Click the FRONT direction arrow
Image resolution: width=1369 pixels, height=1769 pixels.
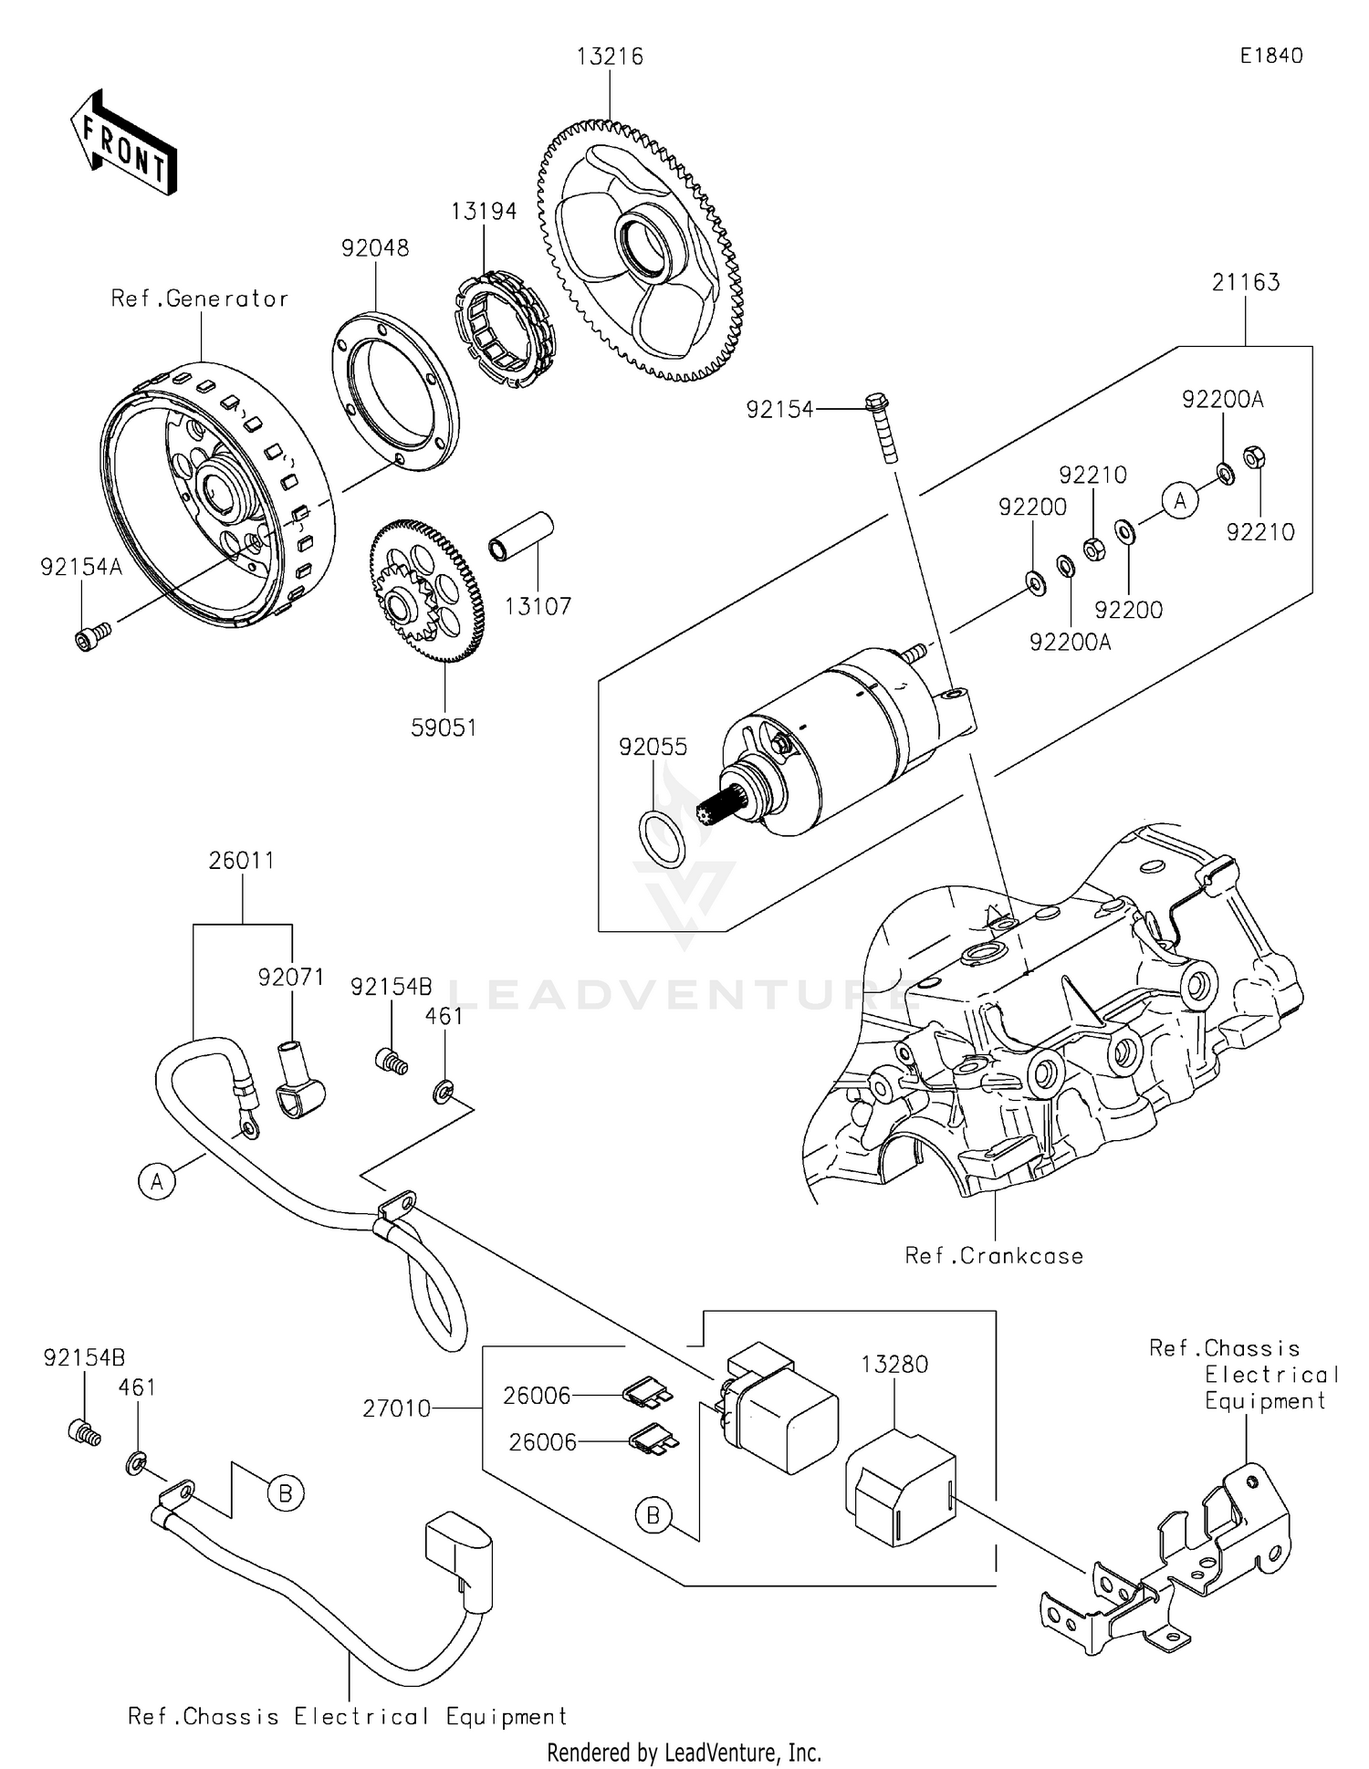pyautogui.click(x=123, y=141)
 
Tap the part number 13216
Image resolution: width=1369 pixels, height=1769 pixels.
pyautogui.click(x=610, y=57)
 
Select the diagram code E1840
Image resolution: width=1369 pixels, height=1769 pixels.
pyautogui.click(x=1270, y=56)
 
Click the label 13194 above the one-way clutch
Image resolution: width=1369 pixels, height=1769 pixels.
pyautogui.click(x=484, y=211)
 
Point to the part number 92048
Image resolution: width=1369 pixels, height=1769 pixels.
pyautogui.click(x=375, y=248)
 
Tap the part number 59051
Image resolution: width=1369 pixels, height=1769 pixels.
pyautogui.click(x=444, y=727)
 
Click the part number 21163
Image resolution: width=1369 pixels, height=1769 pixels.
pyautogui.click(x=1246, y=282)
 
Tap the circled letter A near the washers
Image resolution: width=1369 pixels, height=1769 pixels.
pyautogui.click(x=1180, y=501)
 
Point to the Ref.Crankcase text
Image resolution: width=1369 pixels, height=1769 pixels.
pyautogui.click(x=994, y=1256)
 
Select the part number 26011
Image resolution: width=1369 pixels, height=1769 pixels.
pyautogui.click(x=241, y=860)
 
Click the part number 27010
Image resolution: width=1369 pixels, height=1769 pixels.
pyautogui.click(x=396, y=1408)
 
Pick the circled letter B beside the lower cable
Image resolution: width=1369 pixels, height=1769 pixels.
pyautogui.click(x=286, y=1493)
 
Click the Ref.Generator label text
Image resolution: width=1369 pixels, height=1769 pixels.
pyautogui.click(x=199, y=298)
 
